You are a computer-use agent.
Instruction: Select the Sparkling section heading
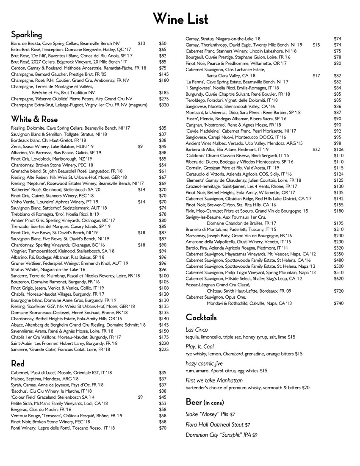(x=26, y=34)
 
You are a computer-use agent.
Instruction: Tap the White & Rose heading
(x=34, y=119)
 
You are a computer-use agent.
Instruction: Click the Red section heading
(x=18, y=363)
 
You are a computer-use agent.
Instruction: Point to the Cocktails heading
(x=201, y=317)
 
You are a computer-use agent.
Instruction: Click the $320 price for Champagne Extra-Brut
(x=164, y=105)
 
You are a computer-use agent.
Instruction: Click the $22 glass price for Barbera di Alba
(x=316, y=150)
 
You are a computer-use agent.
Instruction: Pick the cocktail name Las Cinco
(x=197, y=330)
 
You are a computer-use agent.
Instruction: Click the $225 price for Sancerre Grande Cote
(x=163, y=349)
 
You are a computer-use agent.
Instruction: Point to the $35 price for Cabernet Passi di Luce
(x=163, y=372)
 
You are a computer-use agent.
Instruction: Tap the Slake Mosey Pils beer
(x=210, y=414)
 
